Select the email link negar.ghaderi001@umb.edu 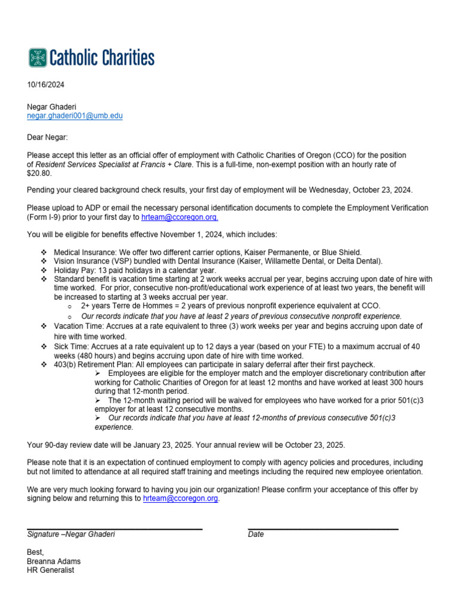75,116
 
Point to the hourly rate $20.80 40,173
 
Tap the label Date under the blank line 256,534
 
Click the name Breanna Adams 54,562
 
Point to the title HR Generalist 50,570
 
